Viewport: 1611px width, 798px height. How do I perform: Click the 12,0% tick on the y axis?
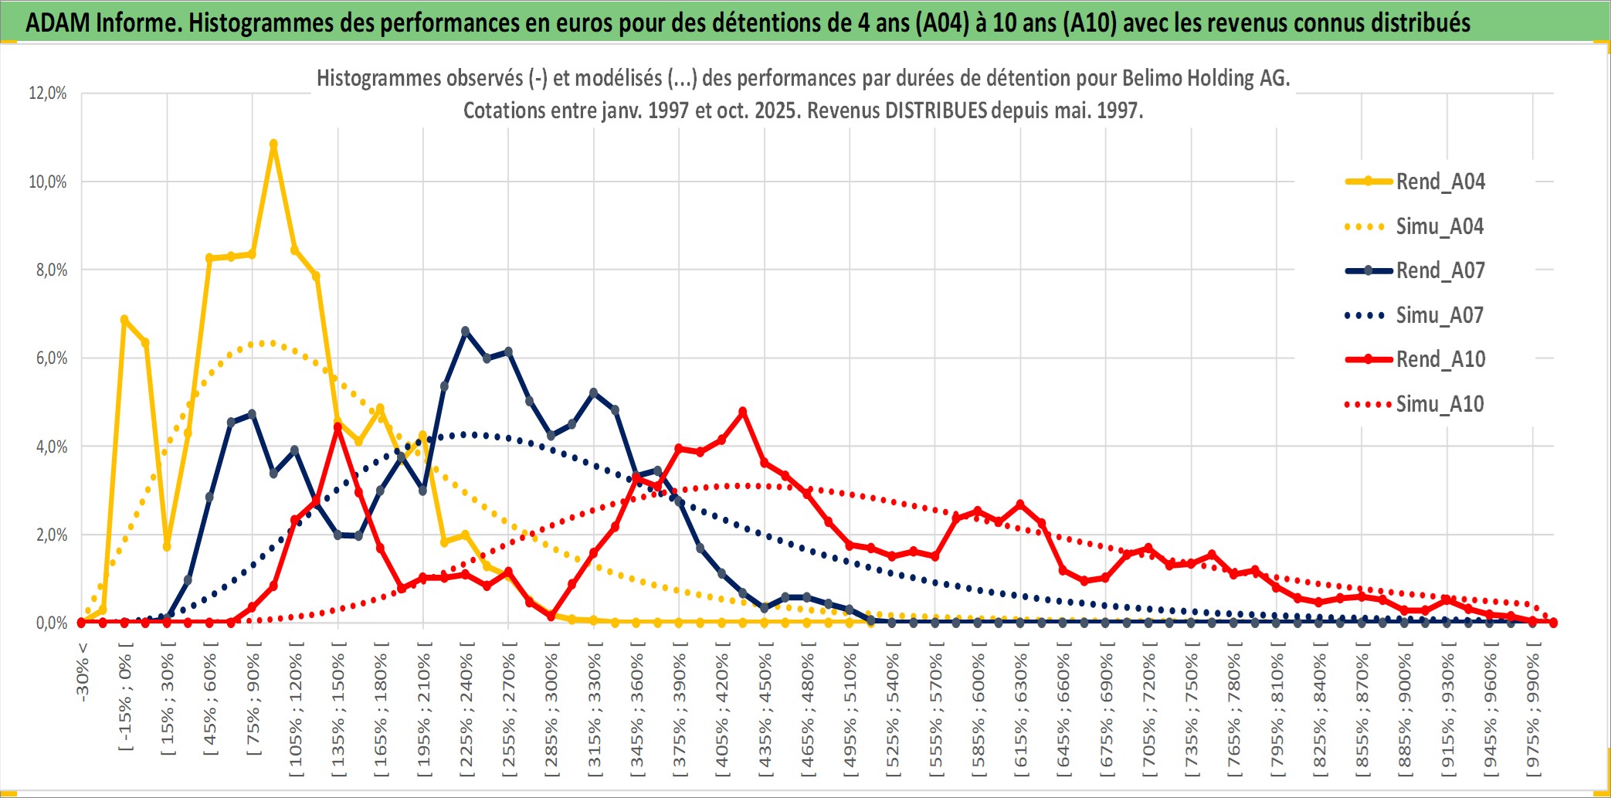(48, 93)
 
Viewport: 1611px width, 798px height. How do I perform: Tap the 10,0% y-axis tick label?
(48, 182)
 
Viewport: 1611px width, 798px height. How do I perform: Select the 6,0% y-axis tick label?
(51, 358)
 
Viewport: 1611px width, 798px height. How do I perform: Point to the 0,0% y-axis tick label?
(51, 623)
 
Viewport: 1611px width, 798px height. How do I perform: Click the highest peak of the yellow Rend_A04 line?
(273, 144)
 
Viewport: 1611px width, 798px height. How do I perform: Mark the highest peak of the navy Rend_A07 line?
(465, 331)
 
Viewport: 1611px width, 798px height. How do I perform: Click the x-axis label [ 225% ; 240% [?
(466, 711)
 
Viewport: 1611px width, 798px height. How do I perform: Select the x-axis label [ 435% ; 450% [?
(765, 711)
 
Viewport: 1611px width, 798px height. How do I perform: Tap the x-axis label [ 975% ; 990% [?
(1532, 711)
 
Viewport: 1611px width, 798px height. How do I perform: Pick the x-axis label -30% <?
(83, 672)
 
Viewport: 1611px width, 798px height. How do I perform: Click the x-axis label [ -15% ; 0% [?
(125, 695)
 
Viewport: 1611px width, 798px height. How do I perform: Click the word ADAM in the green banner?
(58, 23)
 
